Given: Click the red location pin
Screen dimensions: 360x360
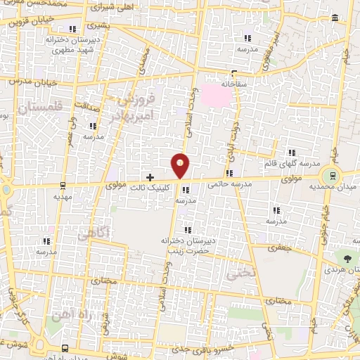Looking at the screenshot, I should [x=181, y=166].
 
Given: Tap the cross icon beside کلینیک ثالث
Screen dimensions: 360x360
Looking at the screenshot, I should [x=149, y=176].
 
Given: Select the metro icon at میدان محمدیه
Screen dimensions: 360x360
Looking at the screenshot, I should [x=328, y=175].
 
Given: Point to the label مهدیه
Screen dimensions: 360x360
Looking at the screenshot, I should [x=63, y=198].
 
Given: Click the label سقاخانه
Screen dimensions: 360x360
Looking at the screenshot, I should [x=237, y=82].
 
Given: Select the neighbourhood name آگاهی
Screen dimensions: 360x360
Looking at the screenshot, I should [x=93, y=231].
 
